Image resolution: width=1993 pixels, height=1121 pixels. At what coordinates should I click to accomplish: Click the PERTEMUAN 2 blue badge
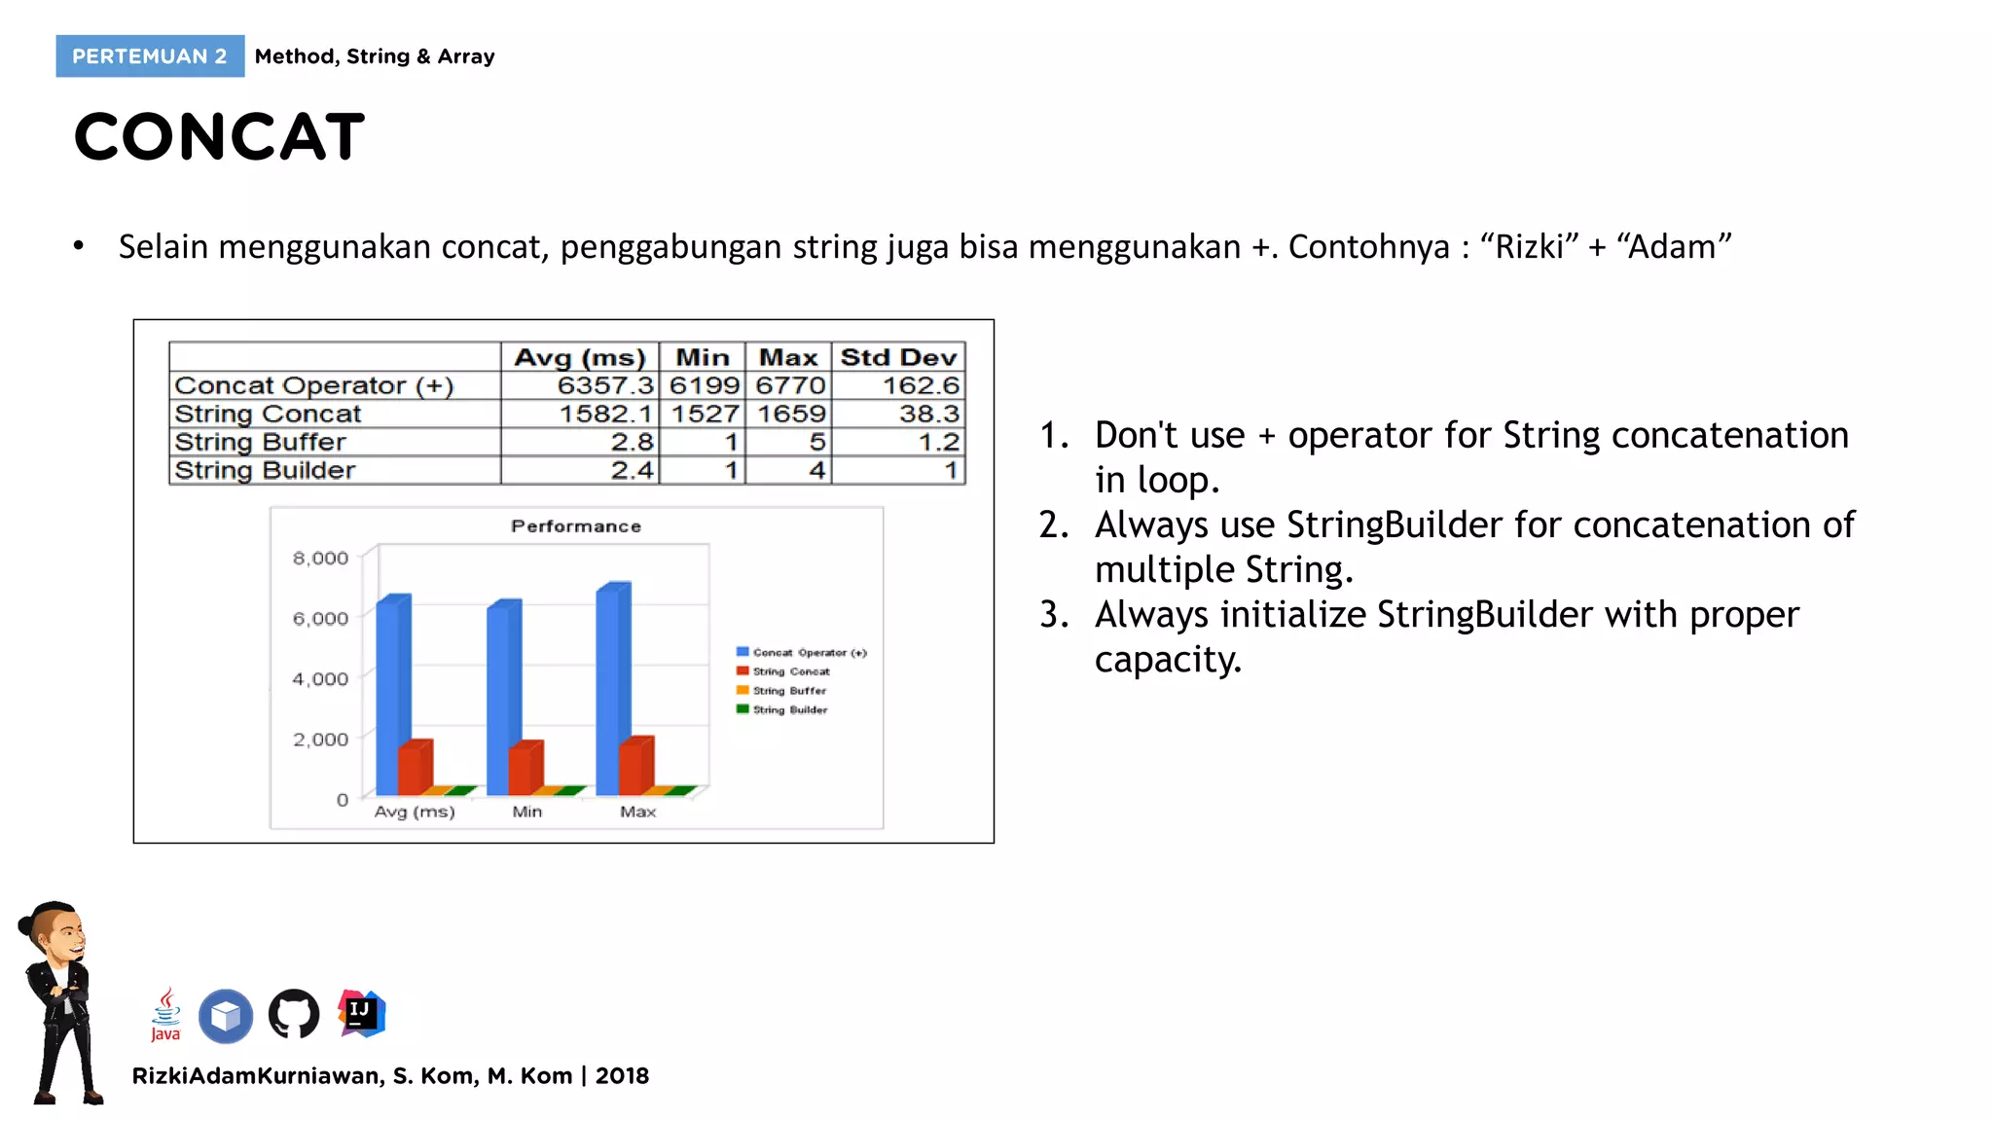(x=150, y=56)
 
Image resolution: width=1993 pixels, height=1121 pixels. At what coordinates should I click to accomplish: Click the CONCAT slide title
(x=219, y=136)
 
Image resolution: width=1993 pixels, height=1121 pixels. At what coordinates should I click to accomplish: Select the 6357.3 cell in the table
(x=604, y=385)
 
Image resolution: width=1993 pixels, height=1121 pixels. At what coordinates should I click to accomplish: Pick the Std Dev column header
(x=898, y=357)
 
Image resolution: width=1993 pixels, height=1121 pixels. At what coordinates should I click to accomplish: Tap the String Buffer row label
(x=260, y=442)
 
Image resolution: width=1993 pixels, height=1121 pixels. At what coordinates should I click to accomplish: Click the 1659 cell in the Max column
(x=790, y=414)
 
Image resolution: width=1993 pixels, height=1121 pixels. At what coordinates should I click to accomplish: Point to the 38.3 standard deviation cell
(x=928, y=414)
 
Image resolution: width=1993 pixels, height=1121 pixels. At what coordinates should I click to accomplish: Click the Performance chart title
(x=576, y=526)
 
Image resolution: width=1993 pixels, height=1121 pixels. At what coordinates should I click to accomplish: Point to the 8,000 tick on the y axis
(x=320, y=559)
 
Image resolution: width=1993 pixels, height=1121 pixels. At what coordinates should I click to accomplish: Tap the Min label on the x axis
(x=526, y=812)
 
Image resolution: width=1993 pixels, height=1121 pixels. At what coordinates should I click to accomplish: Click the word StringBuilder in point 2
(x=1394, y=525)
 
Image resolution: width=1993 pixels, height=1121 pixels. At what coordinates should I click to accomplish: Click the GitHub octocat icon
(x=293, y=1015)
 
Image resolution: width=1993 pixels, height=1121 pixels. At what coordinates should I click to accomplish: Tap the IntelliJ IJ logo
(x=361, y=1013)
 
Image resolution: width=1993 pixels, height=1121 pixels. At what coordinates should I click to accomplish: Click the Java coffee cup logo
(x=166, y=1013)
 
